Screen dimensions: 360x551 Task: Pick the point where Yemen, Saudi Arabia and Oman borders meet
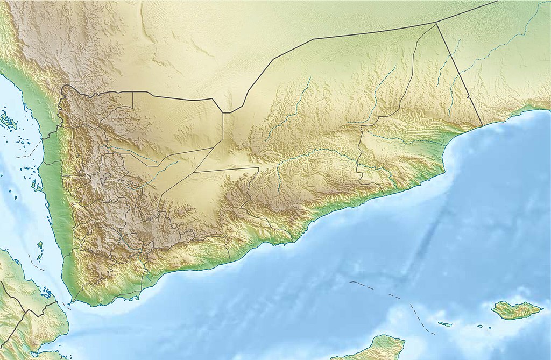pos(435,23)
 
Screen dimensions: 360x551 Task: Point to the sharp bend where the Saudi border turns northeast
pos(231,112)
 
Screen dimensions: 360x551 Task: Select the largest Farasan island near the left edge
pos(8,119)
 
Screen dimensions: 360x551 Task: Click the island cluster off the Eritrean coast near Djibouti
pos(47,294)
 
